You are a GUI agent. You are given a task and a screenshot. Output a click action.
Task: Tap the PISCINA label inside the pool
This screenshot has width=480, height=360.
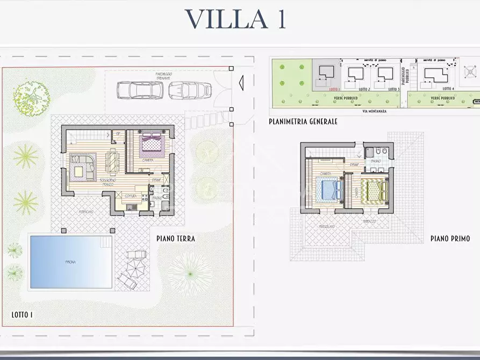click(70, 262)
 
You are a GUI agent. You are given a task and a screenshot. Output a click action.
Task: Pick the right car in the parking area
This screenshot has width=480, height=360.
click(189, 90)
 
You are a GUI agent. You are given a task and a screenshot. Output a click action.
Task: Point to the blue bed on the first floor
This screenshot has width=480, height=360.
click(330, 189)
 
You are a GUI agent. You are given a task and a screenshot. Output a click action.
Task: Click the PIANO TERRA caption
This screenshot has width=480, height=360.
click(176, 239)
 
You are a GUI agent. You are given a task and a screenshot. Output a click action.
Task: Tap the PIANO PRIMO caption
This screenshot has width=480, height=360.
click(450, 239)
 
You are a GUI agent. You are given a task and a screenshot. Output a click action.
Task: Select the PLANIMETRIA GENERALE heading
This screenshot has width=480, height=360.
click(303, 122)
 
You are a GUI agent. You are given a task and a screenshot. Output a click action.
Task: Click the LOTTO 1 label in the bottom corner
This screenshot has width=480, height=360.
click(22, 314)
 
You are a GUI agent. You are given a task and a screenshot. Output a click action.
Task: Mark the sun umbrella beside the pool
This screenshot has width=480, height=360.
click(135, 264)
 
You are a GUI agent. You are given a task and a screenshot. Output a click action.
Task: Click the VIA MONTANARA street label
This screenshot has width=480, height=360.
click(373, 111)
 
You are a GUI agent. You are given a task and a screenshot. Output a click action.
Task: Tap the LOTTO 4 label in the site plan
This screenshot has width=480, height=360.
click(447, 89)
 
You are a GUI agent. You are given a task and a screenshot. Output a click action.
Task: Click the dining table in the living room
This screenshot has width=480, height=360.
click(111, 160)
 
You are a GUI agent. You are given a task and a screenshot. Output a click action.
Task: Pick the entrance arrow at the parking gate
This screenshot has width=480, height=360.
click(240, 82)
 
